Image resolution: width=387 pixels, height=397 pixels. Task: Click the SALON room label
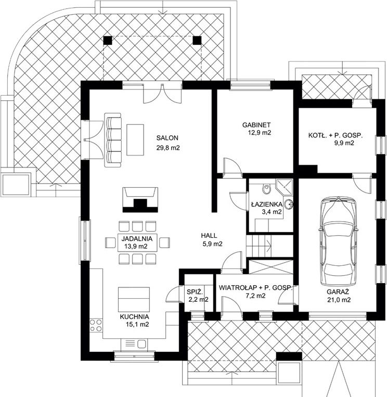(167, 138)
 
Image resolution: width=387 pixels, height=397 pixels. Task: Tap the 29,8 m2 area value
(168, 148)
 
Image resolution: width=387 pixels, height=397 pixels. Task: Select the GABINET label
(256, 125)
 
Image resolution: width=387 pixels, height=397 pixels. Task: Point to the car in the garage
(339, 242)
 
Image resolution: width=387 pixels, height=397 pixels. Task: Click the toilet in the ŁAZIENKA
(266, 189)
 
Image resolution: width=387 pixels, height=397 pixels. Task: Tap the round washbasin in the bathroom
(289, 204)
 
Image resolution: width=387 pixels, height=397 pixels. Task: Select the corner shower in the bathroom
(284, 187)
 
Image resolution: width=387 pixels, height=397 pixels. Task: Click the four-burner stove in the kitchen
(96, 325)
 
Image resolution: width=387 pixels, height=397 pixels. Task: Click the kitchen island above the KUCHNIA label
(134, 300)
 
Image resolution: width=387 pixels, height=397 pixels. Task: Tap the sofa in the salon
(113, 140)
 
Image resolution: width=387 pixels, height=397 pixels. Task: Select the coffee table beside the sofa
(135, 140)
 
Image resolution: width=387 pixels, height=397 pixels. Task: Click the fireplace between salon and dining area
(140, 200)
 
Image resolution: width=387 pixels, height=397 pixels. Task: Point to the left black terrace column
(108, 40)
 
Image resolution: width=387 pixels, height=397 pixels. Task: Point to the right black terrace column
(197, 40)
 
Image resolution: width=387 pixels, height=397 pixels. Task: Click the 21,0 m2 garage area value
(339, 300)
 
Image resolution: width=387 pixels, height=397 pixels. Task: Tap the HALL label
(209, 236)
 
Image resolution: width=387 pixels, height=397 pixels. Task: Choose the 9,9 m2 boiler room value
(344, 143)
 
